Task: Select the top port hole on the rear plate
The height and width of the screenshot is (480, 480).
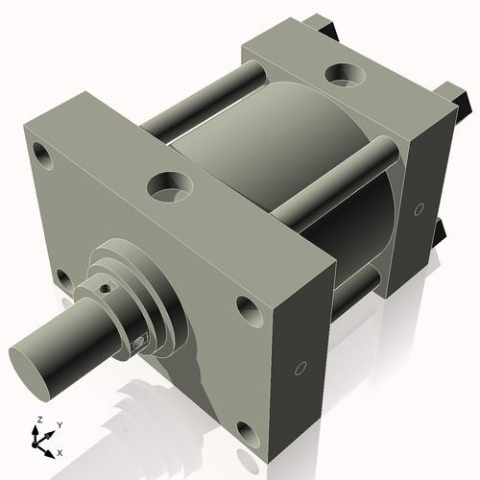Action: (x=342, y=73)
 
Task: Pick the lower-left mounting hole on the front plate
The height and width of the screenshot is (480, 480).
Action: (x=63, y=279)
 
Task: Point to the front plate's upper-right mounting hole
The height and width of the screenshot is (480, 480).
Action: (x=247, y=308)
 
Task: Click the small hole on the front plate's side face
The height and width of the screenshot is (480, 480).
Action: (x=300, y=368)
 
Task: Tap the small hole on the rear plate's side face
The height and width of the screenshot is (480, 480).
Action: (x=420, y=208)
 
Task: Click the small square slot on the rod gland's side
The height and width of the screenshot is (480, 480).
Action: (x=142, y=340)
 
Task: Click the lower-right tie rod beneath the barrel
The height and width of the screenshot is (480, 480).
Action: (x=355, y=283)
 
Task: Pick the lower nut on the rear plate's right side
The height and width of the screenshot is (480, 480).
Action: (x=441, y=231)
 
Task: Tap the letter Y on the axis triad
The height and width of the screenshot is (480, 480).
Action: (x=59, y=424)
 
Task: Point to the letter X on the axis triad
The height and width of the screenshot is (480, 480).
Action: (x=60, y=451)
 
